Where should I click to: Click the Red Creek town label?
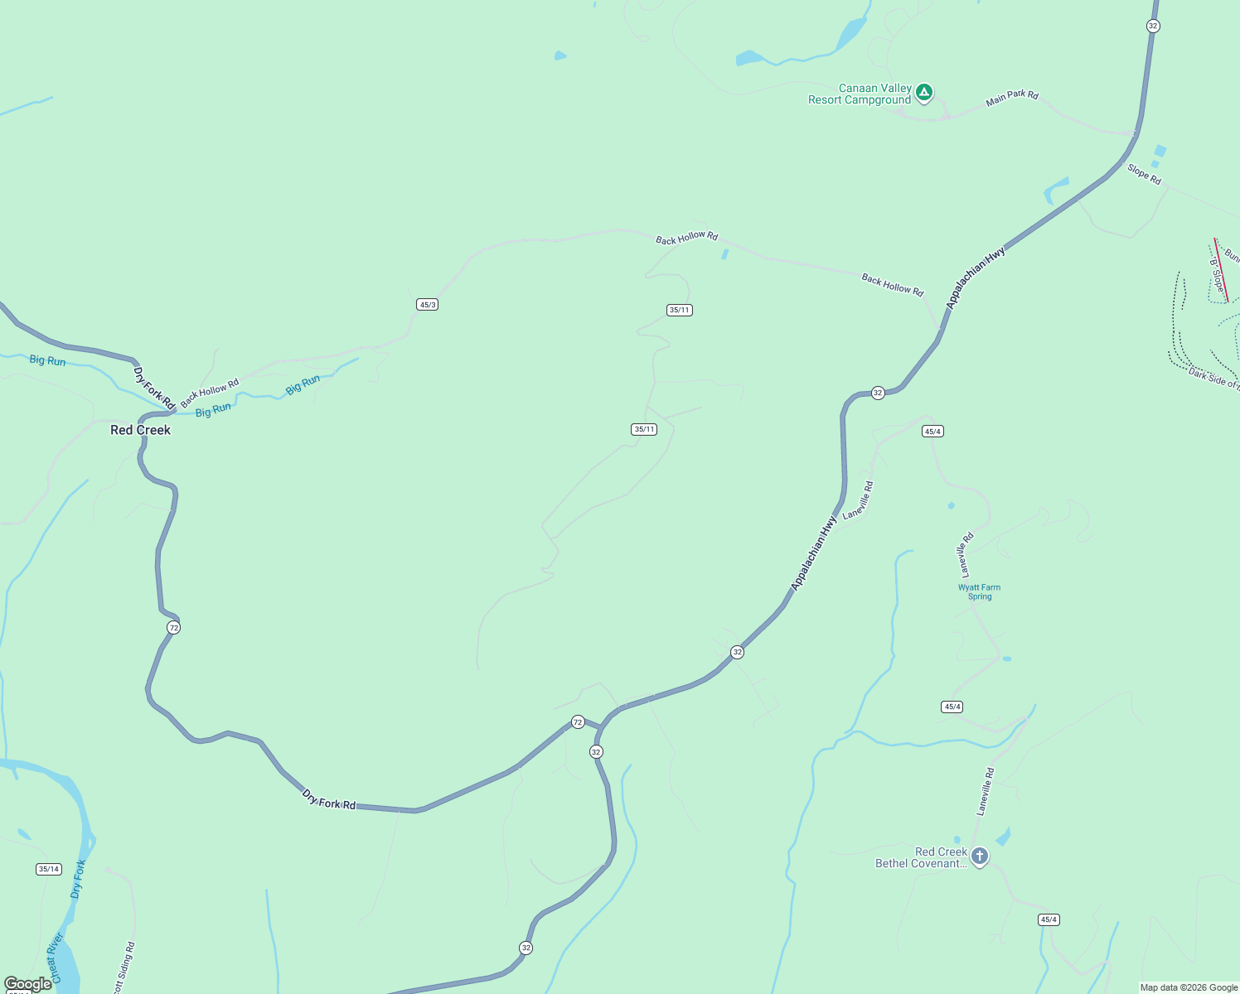tap(140, 430)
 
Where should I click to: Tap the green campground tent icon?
tap(924, 92)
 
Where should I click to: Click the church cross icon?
tap(980, 856)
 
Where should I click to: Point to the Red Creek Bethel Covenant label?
tap(921, 857)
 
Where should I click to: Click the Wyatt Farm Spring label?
tap(979, 591)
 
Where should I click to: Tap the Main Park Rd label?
tap(1011, 98)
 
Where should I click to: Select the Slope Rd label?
tap(1144, 174)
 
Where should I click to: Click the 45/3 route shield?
tap(427, 305)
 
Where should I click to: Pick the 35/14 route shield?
tap(48, 869)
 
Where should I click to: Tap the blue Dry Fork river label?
tap(78, 879)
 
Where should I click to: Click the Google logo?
tap(27, 984)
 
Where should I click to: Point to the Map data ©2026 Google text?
tap(1189, 987)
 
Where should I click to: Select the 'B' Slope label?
tap(1217, 275)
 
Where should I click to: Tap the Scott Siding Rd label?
tap(124, 967)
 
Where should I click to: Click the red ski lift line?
tap(1221, 270)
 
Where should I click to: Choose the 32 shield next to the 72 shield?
tap(596, 752)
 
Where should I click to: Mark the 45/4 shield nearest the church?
tap(1048, 919)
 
